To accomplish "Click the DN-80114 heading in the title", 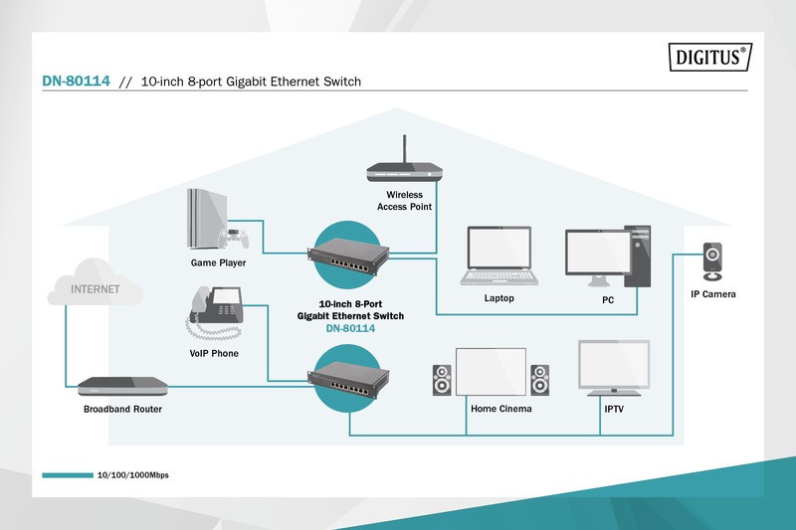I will (x=76, y=82).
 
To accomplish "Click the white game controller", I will (x=235, y=238).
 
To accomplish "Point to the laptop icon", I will (x=499, y=256).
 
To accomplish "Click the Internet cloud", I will (x=95, y=283).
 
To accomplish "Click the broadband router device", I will (x=120, y=386).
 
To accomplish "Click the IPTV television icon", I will (x=614, y=367).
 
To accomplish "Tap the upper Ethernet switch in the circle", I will (x=349, y=253).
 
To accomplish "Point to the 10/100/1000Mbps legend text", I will (x=132, y=475).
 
